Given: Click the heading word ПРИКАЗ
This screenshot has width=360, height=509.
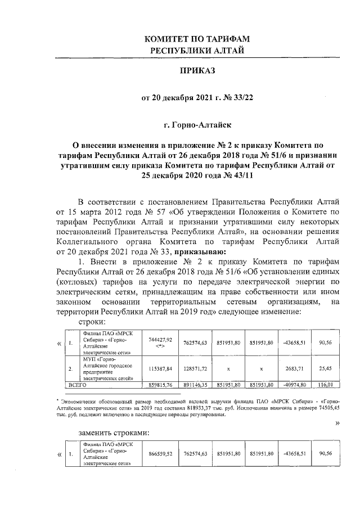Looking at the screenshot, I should click(197, 72).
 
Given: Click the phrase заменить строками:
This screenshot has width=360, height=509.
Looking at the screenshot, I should click(114, 434).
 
